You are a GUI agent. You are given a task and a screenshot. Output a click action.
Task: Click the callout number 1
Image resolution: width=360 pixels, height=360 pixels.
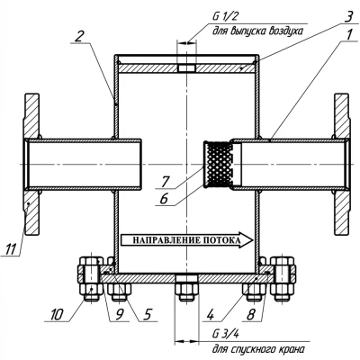tap(348, 35)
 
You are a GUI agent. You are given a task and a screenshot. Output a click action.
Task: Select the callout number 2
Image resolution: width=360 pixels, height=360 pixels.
tap(78, 36)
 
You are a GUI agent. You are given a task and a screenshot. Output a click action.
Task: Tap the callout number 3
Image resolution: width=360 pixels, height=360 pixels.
tap(347, 17)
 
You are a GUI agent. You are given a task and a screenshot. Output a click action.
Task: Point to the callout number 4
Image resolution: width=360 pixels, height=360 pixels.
tap(210, 315)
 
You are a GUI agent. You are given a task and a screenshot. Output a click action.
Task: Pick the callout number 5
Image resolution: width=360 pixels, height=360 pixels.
tap(147, 315)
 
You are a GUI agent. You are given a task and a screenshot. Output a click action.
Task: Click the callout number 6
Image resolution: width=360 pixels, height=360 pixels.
tap(164, 199)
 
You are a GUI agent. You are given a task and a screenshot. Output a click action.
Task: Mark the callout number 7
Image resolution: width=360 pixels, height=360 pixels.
tap(165, 182)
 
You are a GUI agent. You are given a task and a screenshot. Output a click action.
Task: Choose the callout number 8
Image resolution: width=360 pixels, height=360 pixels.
tap(251, 315)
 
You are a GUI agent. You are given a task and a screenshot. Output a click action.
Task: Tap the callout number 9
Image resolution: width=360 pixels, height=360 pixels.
tap(119, 315)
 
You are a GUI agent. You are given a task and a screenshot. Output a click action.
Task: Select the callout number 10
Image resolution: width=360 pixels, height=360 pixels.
tap(57, 315)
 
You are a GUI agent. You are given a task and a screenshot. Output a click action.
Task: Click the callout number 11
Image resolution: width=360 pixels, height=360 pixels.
tap(11, 249)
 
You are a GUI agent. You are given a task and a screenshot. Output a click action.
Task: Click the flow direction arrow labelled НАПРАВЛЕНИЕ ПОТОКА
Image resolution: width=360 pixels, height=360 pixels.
tap(187, 240)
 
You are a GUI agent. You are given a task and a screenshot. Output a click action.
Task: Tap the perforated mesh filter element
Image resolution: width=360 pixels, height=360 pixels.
tap(219, 164)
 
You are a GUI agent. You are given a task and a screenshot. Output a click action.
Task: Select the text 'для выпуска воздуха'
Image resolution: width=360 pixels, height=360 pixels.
tap(257, 31)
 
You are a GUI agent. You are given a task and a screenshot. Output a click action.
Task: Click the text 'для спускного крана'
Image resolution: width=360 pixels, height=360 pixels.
tap(258, 349)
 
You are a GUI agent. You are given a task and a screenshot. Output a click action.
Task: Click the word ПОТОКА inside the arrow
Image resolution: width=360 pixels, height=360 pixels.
tap(222, 240)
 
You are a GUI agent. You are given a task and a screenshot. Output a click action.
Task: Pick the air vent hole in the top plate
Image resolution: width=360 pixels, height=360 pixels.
tap(186, 67)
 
